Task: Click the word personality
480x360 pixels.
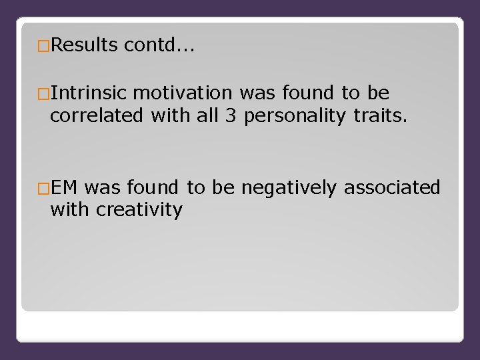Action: coord(292,115)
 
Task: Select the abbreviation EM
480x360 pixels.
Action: coord(64,188)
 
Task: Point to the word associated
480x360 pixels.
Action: coord(392,188)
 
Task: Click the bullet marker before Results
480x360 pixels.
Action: coord(44,45)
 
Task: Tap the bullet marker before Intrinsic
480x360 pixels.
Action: coord(44,93)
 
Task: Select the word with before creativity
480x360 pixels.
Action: coord(71,210)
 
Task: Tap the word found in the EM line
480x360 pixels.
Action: coord(154,188)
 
